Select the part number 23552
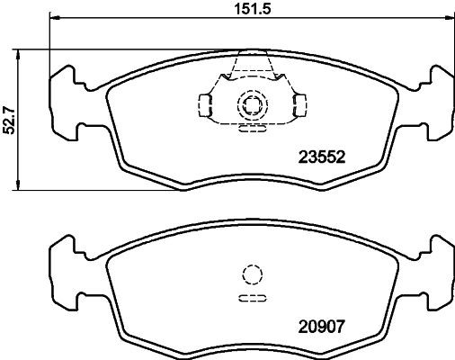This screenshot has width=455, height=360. [321, 155]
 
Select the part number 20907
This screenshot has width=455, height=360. [321, 329]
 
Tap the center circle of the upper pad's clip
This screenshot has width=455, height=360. [250, 106]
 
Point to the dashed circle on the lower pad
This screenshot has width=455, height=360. [250, 276]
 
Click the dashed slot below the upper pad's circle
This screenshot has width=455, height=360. [250, 129]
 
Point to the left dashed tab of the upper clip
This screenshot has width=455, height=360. [205, 106]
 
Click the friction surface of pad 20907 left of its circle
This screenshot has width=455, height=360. [171, 279]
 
